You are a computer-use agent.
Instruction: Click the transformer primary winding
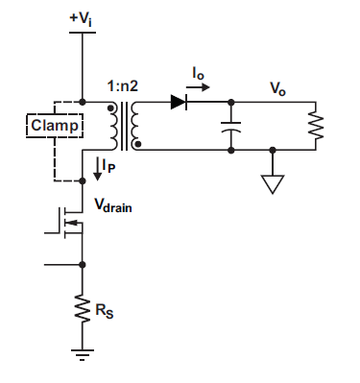point(116,125)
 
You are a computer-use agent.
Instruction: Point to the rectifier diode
point(178,100)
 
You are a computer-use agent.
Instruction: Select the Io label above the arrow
point(198,73)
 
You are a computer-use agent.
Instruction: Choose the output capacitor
point(230,125)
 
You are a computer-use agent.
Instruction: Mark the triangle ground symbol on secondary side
point(274,182)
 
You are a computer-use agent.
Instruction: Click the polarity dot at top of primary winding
point(111,107)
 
